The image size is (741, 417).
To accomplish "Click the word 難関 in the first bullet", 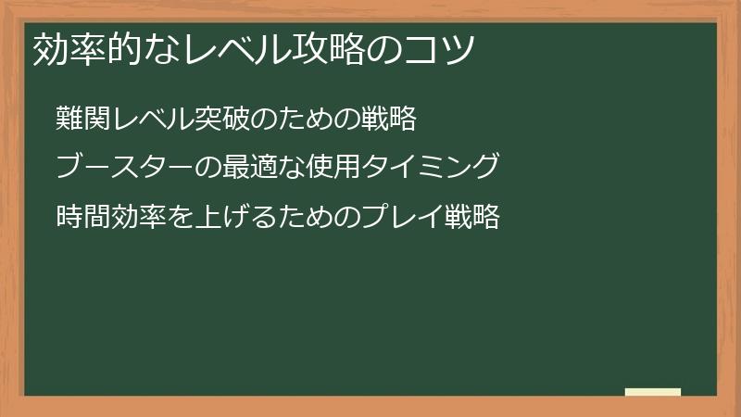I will (x=83, y=120).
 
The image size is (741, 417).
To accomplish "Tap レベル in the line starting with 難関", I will (x=154, y=120).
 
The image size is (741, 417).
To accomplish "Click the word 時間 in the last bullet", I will (x=83, y=217).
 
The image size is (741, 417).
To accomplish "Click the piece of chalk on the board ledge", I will (x=653, y=392).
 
